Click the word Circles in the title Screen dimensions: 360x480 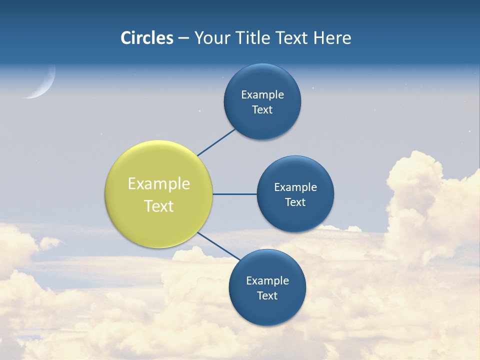point(147,38)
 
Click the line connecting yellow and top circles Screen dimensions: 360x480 point(216,142)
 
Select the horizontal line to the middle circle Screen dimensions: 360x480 point(234,194)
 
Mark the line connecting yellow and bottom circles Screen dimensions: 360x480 point(218,246)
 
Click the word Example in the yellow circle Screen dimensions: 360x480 point(159,184)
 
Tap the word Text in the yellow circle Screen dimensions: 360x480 point(159,206)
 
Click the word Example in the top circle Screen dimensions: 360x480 point(262,95)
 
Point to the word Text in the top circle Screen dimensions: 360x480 point(262,110)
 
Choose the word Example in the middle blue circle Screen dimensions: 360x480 point(295,187)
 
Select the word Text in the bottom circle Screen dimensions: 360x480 point(267,295)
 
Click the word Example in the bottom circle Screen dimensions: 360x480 point(267,281)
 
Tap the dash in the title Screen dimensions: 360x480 point(183,38)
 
